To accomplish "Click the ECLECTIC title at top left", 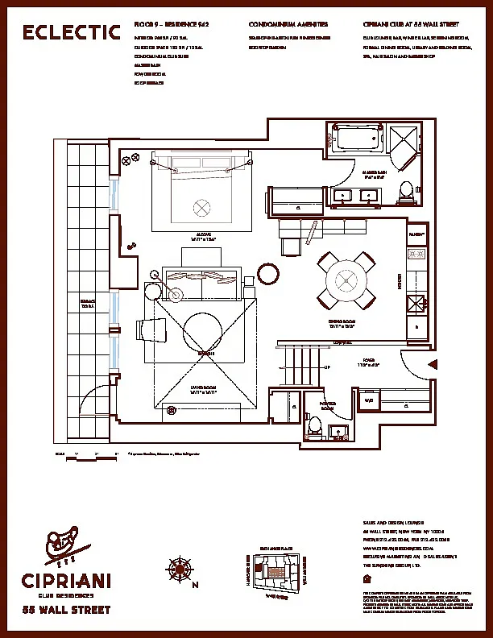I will coord(71,32).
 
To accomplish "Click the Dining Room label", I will coord(342,321).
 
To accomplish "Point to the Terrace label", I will coord(89,304).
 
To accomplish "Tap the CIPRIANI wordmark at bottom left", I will coord(68,580).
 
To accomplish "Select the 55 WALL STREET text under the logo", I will coord(66,610).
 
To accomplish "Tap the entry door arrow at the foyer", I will coord(433,364).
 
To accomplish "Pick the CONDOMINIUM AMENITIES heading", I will coord(288,26).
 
